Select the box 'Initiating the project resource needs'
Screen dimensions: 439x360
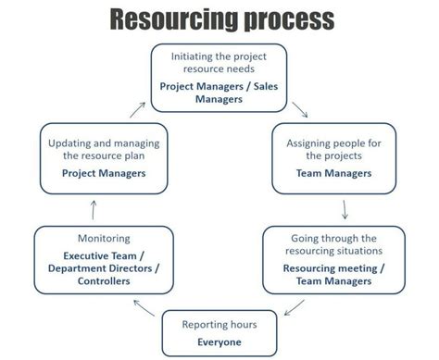(219, 78)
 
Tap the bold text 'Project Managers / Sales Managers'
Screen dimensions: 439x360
(219, 92)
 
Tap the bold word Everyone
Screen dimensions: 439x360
(219, 342)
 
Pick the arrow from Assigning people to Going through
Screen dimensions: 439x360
(345, 207)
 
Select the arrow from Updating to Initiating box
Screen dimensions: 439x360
(136, 110)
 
